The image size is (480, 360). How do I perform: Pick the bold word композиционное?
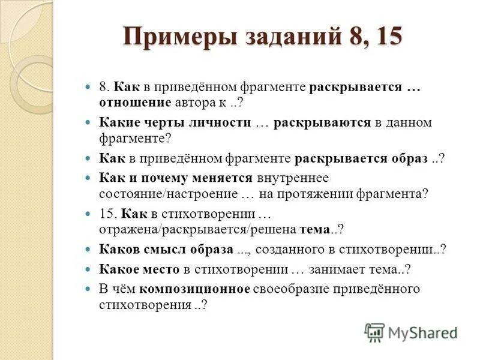click(194, 289)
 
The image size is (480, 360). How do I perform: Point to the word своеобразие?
click(290, 289)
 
